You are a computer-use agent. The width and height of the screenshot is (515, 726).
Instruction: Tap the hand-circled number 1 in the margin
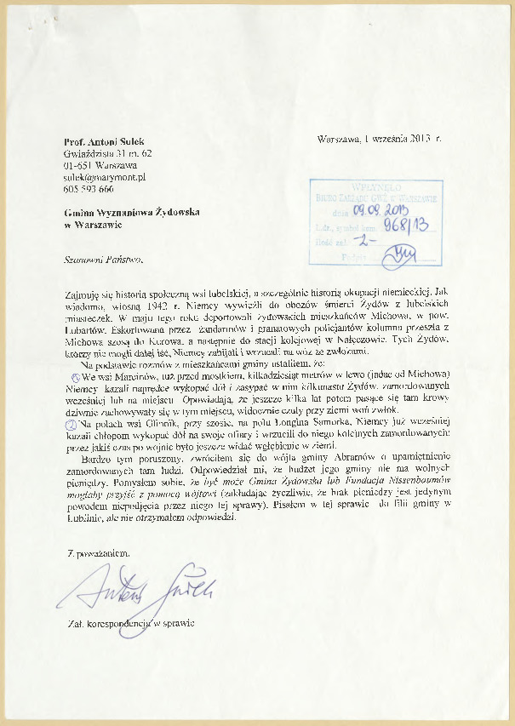pyautogui.click(x=74, y=376)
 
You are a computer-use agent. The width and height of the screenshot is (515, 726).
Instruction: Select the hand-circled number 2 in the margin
pyautogui.click(x=72, y=422)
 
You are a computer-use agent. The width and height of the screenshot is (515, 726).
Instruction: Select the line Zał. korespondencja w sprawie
pyautogui.click(x=131, y=624)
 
